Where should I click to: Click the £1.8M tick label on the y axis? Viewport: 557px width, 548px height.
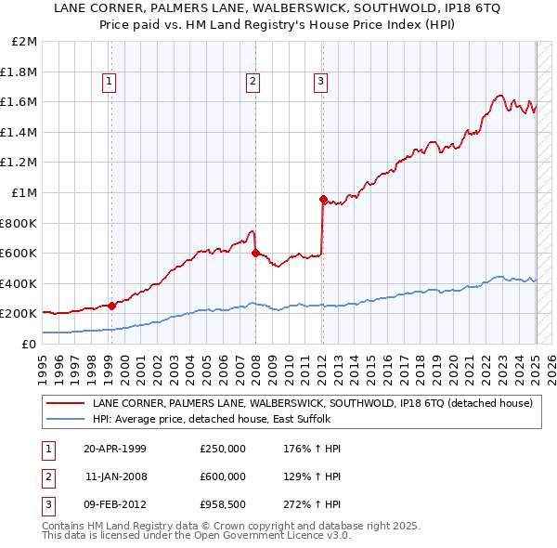20,72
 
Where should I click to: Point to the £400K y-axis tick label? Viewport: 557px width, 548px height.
19,283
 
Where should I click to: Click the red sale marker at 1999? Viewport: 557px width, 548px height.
111,306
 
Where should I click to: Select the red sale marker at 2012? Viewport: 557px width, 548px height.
323,199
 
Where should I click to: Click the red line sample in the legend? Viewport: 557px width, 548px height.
65,404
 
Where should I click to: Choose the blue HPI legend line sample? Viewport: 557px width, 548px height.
65,419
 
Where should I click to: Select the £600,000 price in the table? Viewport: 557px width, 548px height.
223,476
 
